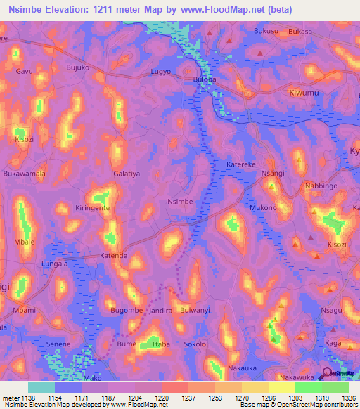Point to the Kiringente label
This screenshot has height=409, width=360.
[x=95, y=209]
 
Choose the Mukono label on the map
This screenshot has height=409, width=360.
[x=263, y=209]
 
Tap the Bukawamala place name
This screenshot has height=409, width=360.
[x=25, y=173]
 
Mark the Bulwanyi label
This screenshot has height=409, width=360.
[x=195, y=310]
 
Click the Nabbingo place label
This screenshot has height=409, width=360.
[x=322, y=186]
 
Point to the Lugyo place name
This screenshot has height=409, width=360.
[x=162, y=72]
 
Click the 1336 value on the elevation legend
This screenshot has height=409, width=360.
[x=348, y=398]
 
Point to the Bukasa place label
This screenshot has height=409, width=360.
[x=300, y=32]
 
